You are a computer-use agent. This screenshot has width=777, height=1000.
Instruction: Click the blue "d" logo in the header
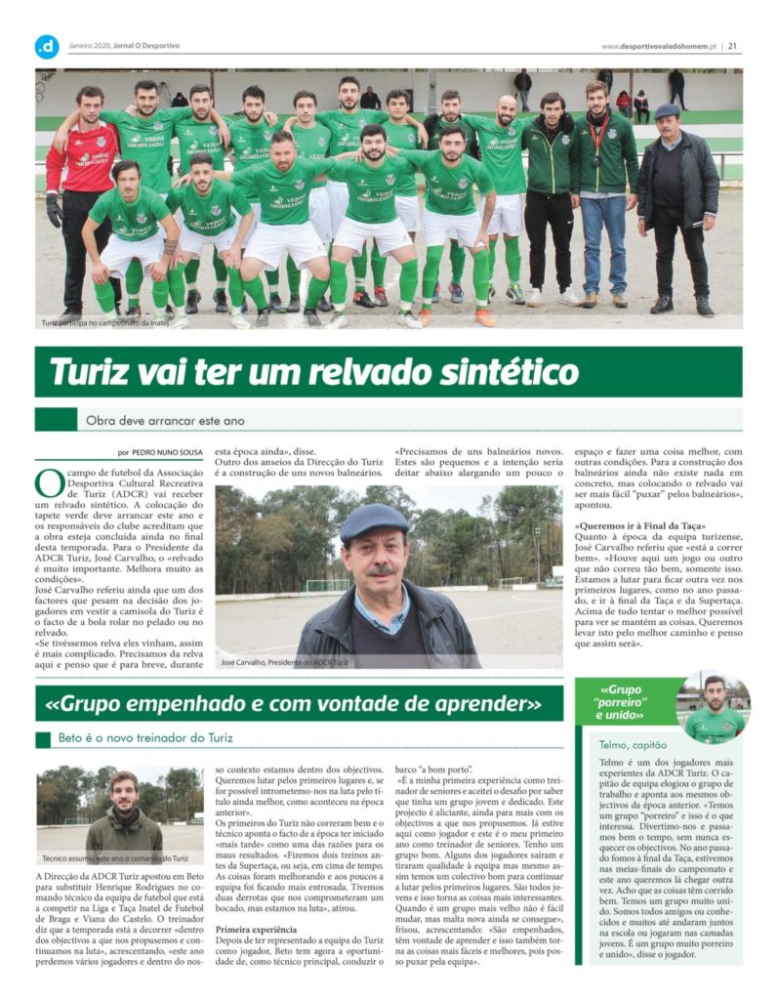click(47, 46)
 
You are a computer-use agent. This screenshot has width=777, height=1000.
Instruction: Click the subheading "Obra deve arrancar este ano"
click(163, 421)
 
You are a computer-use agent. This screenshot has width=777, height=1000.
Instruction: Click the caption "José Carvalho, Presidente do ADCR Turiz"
click(284, 662)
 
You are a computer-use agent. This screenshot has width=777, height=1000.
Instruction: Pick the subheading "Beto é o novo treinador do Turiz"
click(145, 738)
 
